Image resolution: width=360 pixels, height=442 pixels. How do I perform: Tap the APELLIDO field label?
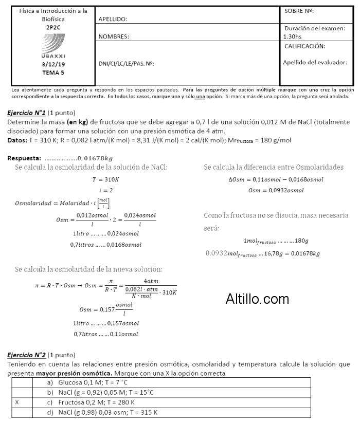(113, 20)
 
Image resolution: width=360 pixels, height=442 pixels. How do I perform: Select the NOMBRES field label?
(114, 37)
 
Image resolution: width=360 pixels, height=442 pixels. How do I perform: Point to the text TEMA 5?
(53, 73)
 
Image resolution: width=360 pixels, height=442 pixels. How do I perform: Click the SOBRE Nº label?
(299, 11)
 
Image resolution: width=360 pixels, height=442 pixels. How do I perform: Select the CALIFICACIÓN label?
(304, 46)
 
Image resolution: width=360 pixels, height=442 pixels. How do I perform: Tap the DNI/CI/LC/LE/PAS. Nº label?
(127, 64)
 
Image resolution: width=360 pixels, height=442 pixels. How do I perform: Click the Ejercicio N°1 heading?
(27, 112)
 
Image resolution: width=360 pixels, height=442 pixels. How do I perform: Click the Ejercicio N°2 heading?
(27, 355)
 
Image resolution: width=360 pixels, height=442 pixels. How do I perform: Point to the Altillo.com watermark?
(257, 299)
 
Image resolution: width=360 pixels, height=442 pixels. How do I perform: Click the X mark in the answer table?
(17, 402)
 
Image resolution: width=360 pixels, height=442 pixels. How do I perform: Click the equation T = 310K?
(105, 179)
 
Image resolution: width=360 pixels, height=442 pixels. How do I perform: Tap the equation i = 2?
(105, 190)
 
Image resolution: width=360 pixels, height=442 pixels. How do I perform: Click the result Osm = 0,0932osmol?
(276, 190)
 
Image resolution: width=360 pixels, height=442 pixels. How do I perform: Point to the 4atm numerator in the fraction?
(151, 281)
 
